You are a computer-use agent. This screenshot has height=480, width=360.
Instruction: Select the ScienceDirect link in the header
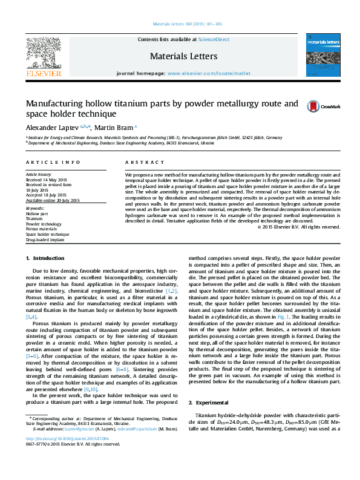click(x=214, y=39)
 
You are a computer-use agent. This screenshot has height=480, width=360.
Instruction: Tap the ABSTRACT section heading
click(x=140, y=163)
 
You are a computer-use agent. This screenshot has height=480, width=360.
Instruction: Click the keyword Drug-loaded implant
click(x=46, y=240)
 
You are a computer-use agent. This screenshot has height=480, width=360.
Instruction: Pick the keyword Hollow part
click(x=36, y=214)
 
